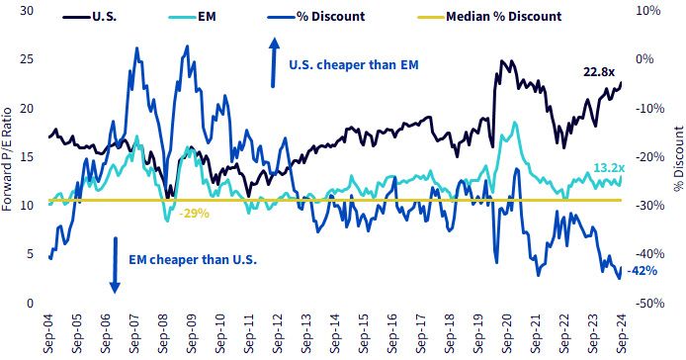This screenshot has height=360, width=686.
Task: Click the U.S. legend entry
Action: pos(90,17)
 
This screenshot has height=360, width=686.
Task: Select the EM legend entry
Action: pos(192,17)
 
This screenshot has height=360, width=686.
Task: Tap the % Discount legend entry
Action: pos(316,17)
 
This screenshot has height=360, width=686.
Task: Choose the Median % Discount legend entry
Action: pos(489,17)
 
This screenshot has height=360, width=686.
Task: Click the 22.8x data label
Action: pos(599,72)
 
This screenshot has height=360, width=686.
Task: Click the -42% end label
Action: pos(643,271)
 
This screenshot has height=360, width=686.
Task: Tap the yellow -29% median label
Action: pos(195,214)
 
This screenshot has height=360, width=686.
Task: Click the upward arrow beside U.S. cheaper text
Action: pos(274,62)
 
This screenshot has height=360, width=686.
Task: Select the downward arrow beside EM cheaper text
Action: pos(115,265)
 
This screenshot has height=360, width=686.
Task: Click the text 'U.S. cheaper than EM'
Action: pos(354,65)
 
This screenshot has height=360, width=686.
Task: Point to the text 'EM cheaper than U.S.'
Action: pos(193,260)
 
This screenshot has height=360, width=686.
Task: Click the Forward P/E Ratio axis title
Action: pos(7,159)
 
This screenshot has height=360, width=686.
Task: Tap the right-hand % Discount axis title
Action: pos(678,158)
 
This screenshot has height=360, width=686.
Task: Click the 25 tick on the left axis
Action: pos(27,59)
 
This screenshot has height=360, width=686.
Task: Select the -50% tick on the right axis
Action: pos(649,303)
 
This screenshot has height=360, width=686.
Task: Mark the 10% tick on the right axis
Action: pos(647,11)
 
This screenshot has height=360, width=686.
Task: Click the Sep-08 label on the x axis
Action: pos(164,333)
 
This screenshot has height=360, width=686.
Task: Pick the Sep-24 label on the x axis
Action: pos(622,333)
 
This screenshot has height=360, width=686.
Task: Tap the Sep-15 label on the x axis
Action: pos(365,333)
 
